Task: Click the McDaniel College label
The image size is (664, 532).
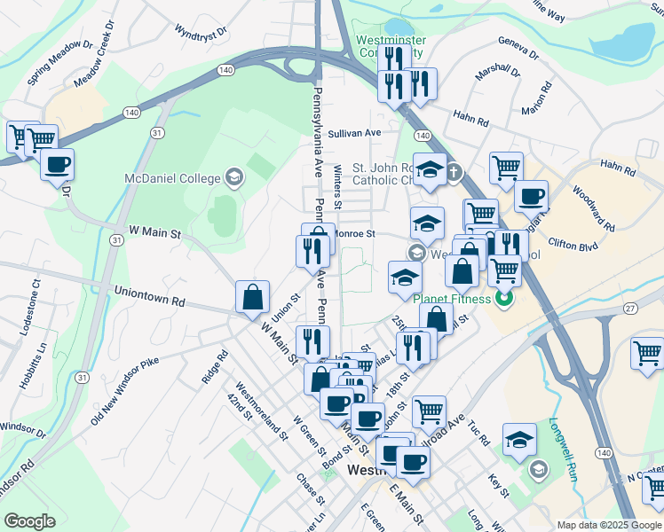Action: click(x=172, y=178)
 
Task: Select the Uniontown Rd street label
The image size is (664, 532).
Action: click(x=149, y=296)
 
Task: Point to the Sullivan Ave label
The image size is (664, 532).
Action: click(x=353, y=133)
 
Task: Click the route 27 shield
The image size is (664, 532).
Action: click(x=629, y=308)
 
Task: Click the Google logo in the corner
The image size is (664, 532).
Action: click(x=29, y=520)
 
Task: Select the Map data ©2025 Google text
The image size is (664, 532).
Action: click(x=608, y=525)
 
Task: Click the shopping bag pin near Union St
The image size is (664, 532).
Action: click(x=253, y=296)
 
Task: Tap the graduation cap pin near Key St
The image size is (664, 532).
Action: click(x=519, y=439)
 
